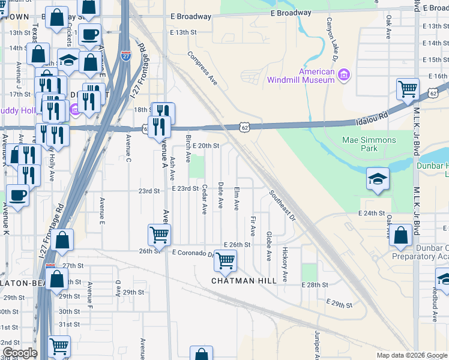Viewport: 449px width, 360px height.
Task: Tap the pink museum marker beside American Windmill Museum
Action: tap(344, 74)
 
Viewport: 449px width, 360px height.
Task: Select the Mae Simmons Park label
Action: tap(369, 144)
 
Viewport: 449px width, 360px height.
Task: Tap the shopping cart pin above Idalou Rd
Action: tap(408, 89)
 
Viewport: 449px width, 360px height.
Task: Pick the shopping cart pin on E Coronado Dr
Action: tap(225, 261)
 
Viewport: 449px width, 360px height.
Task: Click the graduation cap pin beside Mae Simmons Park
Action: tap(378, 179)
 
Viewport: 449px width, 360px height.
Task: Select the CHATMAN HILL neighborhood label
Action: tap(243, 280)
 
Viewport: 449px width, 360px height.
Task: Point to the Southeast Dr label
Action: tap(282, 206)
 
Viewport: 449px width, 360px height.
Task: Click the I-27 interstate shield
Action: tap(125, 56)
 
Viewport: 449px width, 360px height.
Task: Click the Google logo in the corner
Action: tap(20, 353)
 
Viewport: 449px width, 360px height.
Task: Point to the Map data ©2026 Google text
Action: tap(411, 355)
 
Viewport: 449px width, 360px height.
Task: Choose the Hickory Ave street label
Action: tap(285, 265)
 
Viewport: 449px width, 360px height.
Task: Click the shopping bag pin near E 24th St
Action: tap(400, 236)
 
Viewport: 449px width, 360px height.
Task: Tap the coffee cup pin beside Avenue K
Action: tap(17, 196)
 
